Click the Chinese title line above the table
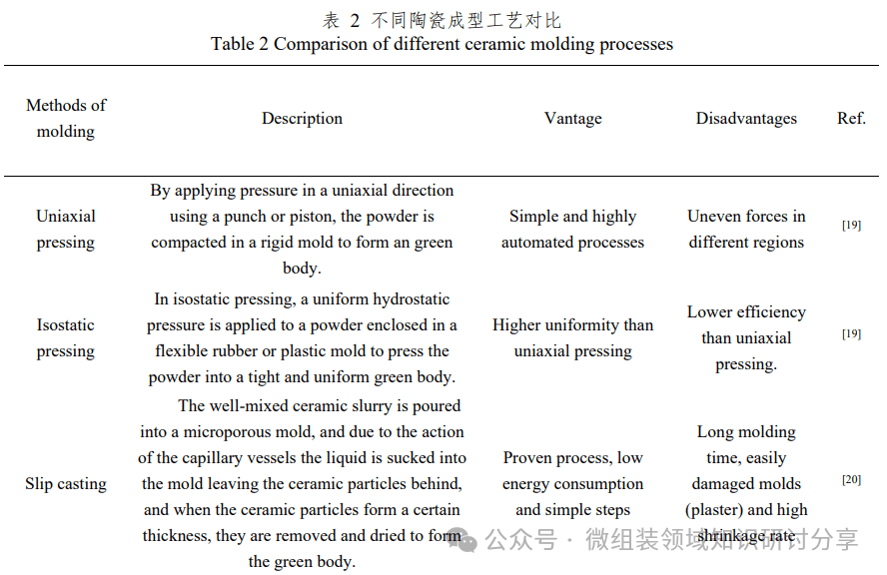pyautogui.click(x=442, y=20)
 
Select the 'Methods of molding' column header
pyautogui.click(x=66, y=118)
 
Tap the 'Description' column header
pyautogui.click(x=302, y=118)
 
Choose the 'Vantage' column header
pyautogui.click(x=572, y=118)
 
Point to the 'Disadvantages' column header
pyautogui.click(x=746, y=118)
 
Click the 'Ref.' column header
pyautogui.click(x=851, y=118)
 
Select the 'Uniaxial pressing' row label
pyautogui.click(x=66, y=229)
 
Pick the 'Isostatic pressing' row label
pyautogui.click(x=66, y=337)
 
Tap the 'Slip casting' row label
pyautogui.click(x=66, y=484)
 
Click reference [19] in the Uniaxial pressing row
pyautogui.click(x=851, y=226)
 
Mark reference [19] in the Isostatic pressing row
pyautogui.click(x=851, y=334)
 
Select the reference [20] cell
pyautogui.click(x=851, y=480)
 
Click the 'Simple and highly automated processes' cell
pyautogui.click(x=572, y=229)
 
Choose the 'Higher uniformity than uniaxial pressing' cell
pyautogui.click(x=572, y=337)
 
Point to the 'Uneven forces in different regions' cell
pyautogui.click(x=746, y=229)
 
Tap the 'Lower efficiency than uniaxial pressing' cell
pyautogui.click(x=746, y=337)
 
